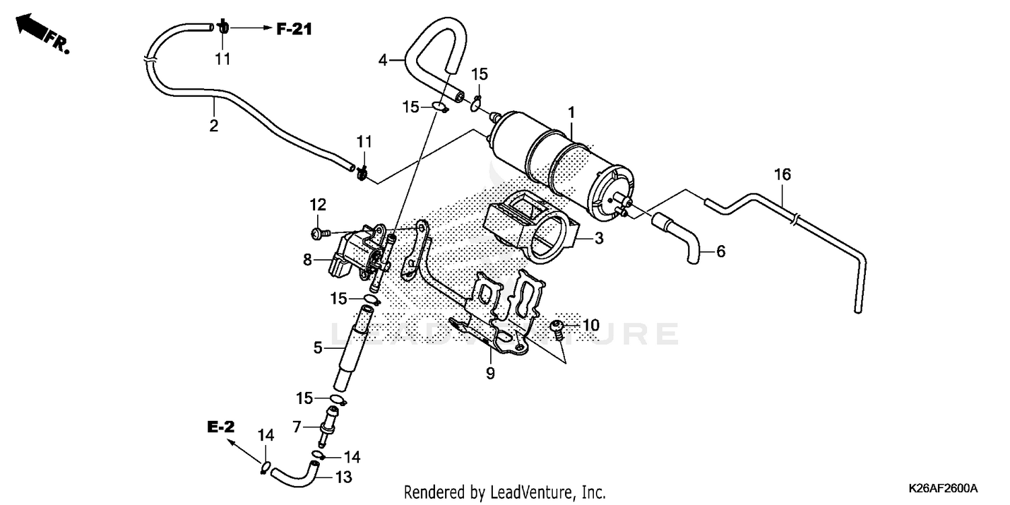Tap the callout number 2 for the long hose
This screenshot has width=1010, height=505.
click(213, 126)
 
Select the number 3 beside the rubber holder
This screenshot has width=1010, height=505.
click(597, 238)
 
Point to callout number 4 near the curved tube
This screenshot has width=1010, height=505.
click(383, 60)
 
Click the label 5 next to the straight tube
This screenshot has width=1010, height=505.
click(317, 348)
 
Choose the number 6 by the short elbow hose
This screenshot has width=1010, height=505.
click(720, 252)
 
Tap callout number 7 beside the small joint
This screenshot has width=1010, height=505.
click(296, 426)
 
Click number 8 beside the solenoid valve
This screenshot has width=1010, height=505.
click(308, 259)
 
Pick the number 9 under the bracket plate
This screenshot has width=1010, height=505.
click(490, 372)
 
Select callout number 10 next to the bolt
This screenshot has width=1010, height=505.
click(591, 326)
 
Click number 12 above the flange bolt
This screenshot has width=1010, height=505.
click(318, 204)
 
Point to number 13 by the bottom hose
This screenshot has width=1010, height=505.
click(344, 477)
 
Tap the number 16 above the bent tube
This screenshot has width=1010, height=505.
click(782, 175)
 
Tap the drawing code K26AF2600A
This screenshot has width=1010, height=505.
click(942, 487)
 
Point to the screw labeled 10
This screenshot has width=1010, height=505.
click(558, 328)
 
